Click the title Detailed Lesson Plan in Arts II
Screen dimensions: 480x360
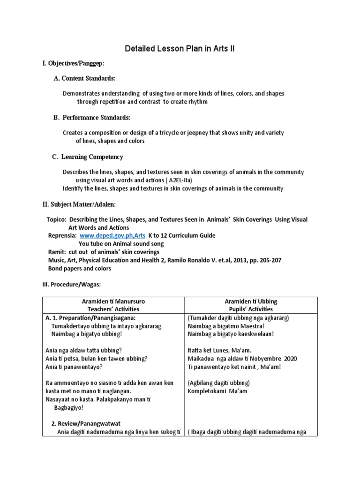[180, 48]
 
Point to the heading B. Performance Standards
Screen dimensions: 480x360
[92, 117]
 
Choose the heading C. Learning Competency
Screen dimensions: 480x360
[88, 157]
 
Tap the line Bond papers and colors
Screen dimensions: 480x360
[80, 269]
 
